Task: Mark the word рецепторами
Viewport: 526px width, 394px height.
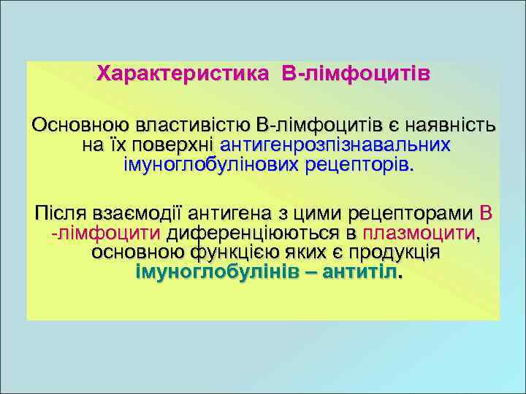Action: coord(410,215)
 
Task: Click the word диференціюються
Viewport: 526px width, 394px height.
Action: coord(255,233)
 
